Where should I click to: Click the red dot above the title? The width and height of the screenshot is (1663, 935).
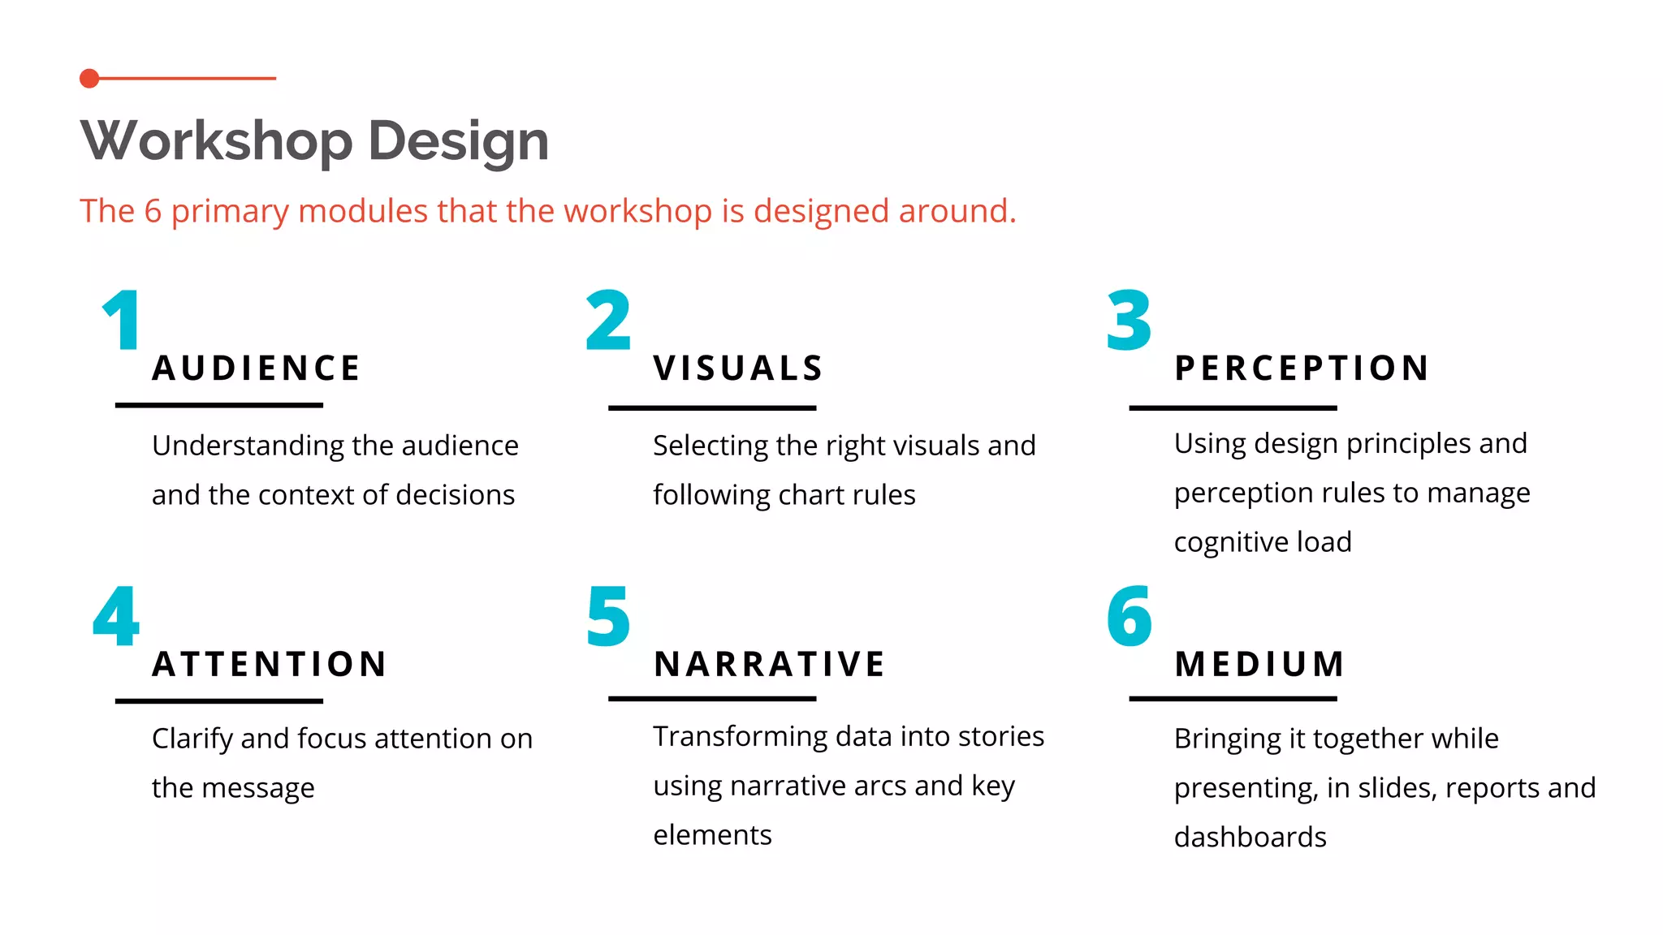pyautogui.click(x=89, y=79)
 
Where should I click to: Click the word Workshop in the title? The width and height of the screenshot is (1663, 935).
pyautogui.click(x=216, y=141)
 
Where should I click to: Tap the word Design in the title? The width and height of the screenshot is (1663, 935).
pyautogui.click(x=458, y=141)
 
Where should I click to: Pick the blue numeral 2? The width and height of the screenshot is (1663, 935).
pyautogui.click(x=608, y=321)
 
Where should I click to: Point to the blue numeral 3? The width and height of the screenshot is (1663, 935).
pyautogui.click(x=1129, y=321)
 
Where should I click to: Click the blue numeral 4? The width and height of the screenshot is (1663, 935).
pyautogui.click(x=116, y=617)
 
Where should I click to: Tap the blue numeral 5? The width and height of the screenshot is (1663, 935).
pyautogui.click(x=608, y=617)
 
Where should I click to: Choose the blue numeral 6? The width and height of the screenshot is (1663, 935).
pyautogui.click(x=1129, y=617)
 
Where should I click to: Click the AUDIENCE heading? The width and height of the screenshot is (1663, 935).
pyautogui.click(x=257, y=368)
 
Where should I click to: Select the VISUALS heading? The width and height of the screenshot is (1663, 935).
pyautogui.click(x=739, y=368)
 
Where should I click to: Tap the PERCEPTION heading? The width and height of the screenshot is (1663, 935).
pyautogui.click(x=1302, y=368)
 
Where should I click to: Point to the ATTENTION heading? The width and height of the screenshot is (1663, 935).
pyautogui.click(x=270, y=664)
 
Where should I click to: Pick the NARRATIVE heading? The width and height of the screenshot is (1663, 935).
pyautogui.click(x=770, y=664)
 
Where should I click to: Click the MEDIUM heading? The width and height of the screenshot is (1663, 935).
pyautogui.click(x=1259, y=664)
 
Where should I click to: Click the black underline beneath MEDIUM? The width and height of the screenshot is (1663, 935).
pyautogui.click(x=1233, y=698)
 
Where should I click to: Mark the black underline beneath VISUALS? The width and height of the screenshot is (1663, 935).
pyautogui.click(x=712, y=407)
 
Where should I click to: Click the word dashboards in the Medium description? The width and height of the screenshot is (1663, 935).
pyautogui.click(x=1250, y=837)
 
